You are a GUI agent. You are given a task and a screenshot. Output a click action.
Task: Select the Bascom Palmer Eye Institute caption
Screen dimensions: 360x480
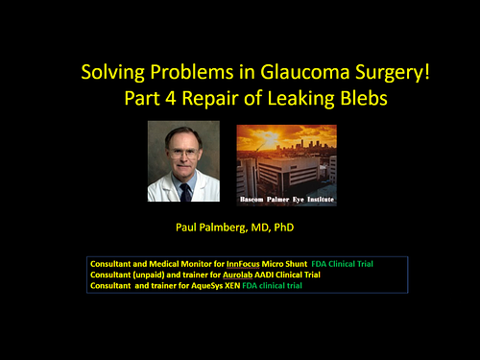tap(286, 200)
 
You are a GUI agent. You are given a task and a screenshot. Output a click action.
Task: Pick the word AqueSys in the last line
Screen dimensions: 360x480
tap(222, 285)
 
